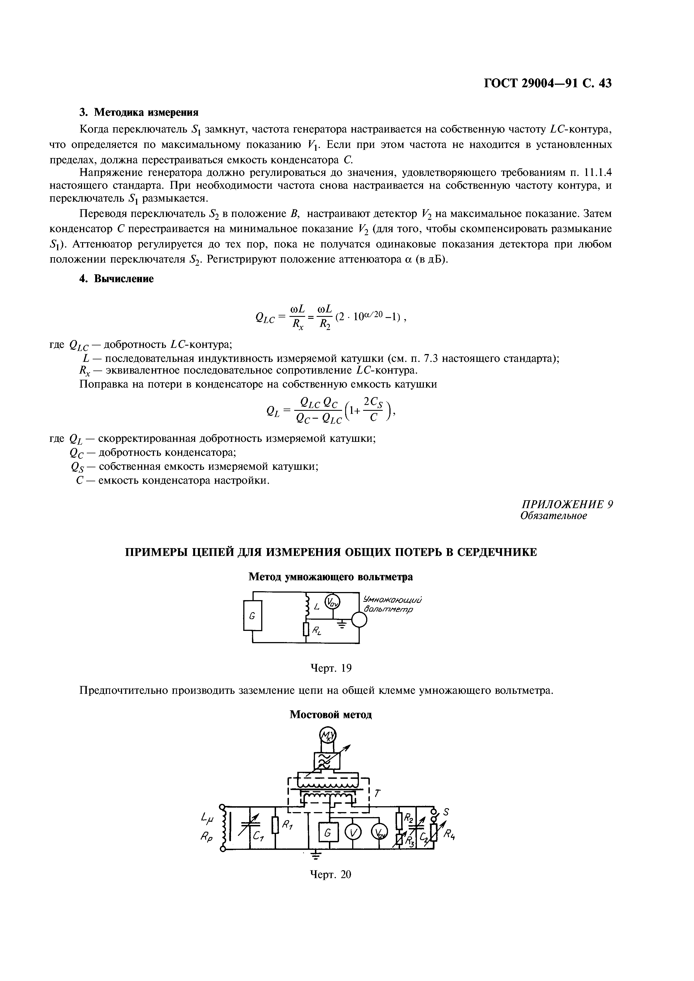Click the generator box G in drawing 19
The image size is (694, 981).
tap(252, 616)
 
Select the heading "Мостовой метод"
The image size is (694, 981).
tap(331, 714)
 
